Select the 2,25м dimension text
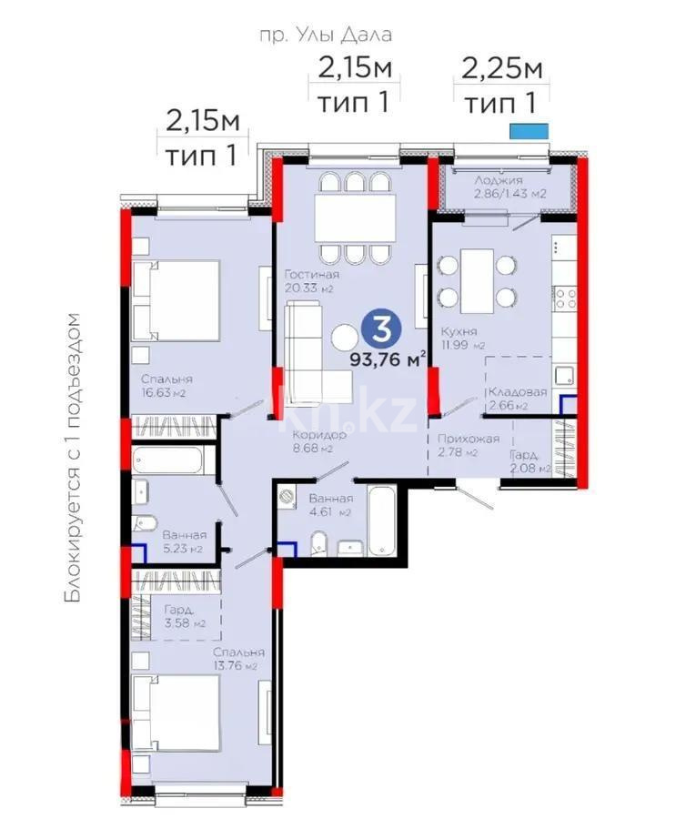click(502, 67)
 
